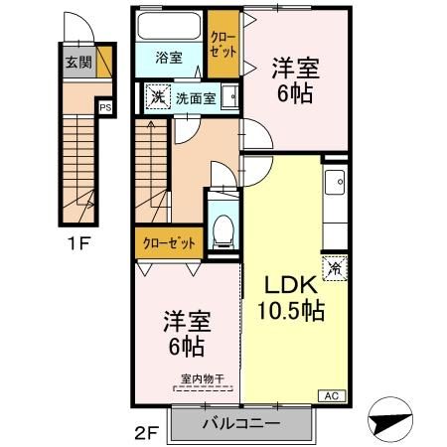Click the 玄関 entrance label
[78, 62]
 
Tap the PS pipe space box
[105, 108]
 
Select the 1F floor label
[78, 244]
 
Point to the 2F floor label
[147, 432]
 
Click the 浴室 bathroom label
[169, 58]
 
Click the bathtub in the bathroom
[169, 26]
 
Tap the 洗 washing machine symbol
[158, 96]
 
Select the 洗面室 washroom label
[196, 98]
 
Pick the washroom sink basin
[229, 96]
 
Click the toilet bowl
[223, 230]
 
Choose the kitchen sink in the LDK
[335, 182]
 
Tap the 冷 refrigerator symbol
[335, 268]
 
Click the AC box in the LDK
[332, 396]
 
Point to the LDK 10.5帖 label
[291, 299]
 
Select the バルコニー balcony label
[241, 423]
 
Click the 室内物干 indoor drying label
[203, 378]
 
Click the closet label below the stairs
[169, 243]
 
